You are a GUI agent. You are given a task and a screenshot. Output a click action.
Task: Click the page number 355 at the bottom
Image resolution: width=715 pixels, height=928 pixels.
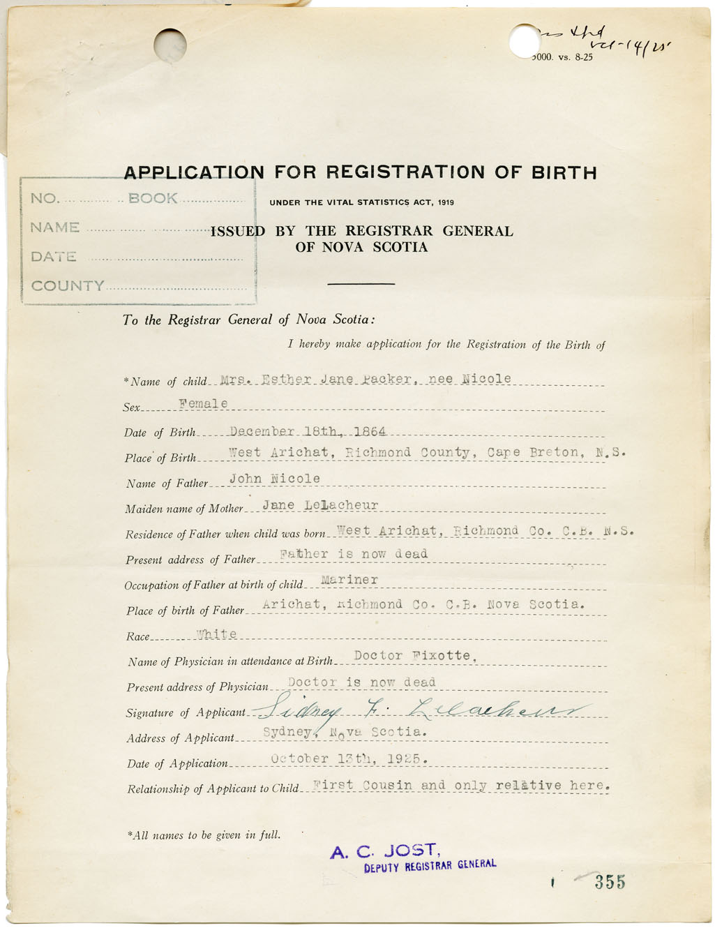pos(610,882)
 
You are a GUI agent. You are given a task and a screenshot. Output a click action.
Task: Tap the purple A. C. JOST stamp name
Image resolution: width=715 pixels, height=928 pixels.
pos(384,851)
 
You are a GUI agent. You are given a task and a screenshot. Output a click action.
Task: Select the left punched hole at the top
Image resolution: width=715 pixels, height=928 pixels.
pos(170,44)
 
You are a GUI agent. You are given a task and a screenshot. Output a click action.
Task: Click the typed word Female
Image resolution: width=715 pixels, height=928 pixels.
pos(203,403)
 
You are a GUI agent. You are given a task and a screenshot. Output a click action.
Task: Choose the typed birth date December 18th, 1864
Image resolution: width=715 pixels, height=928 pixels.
pos(308,431)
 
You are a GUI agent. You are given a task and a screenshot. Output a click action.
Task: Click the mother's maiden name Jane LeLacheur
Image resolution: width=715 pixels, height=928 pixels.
pos(320,504)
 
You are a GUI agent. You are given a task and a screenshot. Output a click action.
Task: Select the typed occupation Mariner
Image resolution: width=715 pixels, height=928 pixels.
pos(349,580)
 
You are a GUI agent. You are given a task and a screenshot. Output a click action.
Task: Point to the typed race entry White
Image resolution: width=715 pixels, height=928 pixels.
pos(217,634)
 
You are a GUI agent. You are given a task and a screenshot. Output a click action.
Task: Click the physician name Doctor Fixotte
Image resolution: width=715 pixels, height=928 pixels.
pos(415,656)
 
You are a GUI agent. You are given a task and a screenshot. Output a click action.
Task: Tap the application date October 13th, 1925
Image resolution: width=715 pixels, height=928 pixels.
pos(349,758)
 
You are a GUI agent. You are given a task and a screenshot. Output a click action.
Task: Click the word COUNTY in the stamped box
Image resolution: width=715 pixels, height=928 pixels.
pos(68,286)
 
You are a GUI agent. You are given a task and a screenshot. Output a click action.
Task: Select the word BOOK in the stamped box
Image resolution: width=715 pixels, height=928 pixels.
pos(153,198)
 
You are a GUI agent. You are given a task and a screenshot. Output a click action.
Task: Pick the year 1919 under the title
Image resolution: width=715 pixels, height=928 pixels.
pos(446,202)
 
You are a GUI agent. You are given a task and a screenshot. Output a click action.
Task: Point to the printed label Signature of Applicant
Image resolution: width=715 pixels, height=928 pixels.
pos(186,713)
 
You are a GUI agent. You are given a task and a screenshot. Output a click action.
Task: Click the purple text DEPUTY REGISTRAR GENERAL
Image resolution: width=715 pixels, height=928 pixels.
pos(430,866)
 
